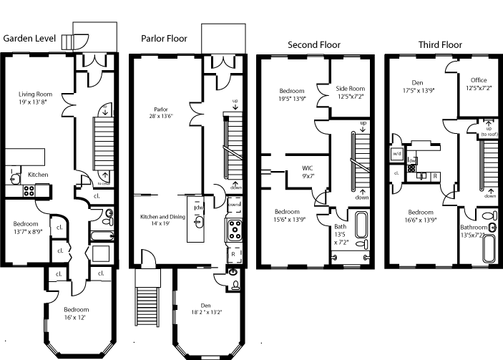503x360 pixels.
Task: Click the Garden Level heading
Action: [x=30, y=39]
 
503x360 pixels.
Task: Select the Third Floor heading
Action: [x=440, y=45]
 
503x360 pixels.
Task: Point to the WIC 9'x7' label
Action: [x=308, y=172]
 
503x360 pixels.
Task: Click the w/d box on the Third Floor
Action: [x=397, y=153]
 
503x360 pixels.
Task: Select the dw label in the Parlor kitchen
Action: [x=198, y=208]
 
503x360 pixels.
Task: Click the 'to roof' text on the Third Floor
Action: [x=489, y=134]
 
